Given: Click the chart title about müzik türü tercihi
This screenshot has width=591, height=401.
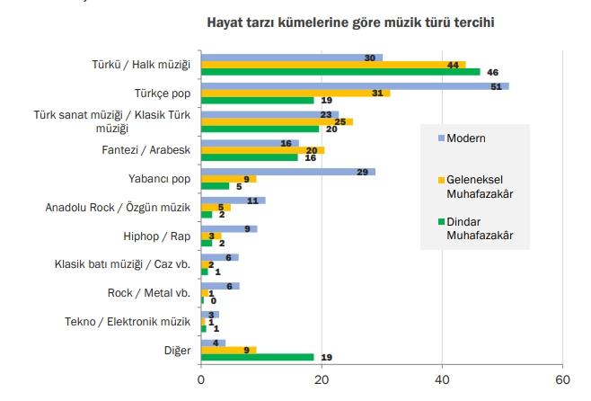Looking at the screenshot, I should [x=351, y=22].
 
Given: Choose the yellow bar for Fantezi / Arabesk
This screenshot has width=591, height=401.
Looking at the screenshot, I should [x=260, y=150].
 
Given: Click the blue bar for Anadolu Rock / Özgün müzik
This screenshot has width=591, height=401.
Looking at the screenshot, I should [x=232, y=200].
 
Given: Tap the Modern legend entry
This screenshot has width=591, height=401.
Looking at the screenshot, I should [x=466, y=138].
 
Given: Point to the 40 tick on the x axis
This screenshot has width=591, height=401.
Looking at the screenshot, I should [x=442, y=379].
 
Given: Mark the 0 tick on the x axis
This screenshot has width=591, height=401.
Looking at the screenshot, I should [x=201, y=379].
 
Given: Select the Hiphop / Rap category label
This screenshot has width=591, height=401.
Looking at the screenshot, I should [x=159, y=236].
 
